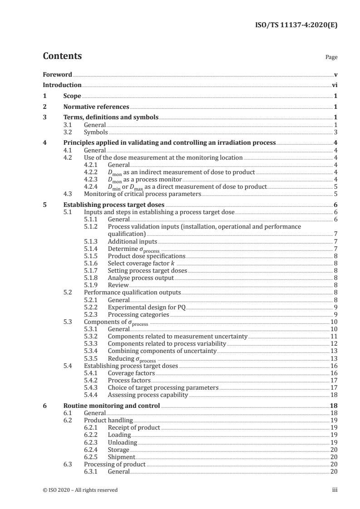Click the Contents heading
[x=62, y=56]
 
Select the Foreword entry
[x=57, y=74]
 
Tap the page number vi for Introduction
[x=334, y=85]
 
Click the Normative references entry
[x=96, y=107]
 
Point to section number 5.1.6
[x=93, y=263]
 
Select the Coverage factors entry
[x=131, y=372]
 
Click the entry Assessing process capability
[x=148, y=395]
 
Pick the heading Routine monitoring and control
[x=111, y=406]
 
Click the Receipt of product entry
[x=133, y=427]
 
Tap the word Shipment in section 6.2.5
[x=121, y=457]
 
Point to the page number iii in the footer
[x=335, y=489]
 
